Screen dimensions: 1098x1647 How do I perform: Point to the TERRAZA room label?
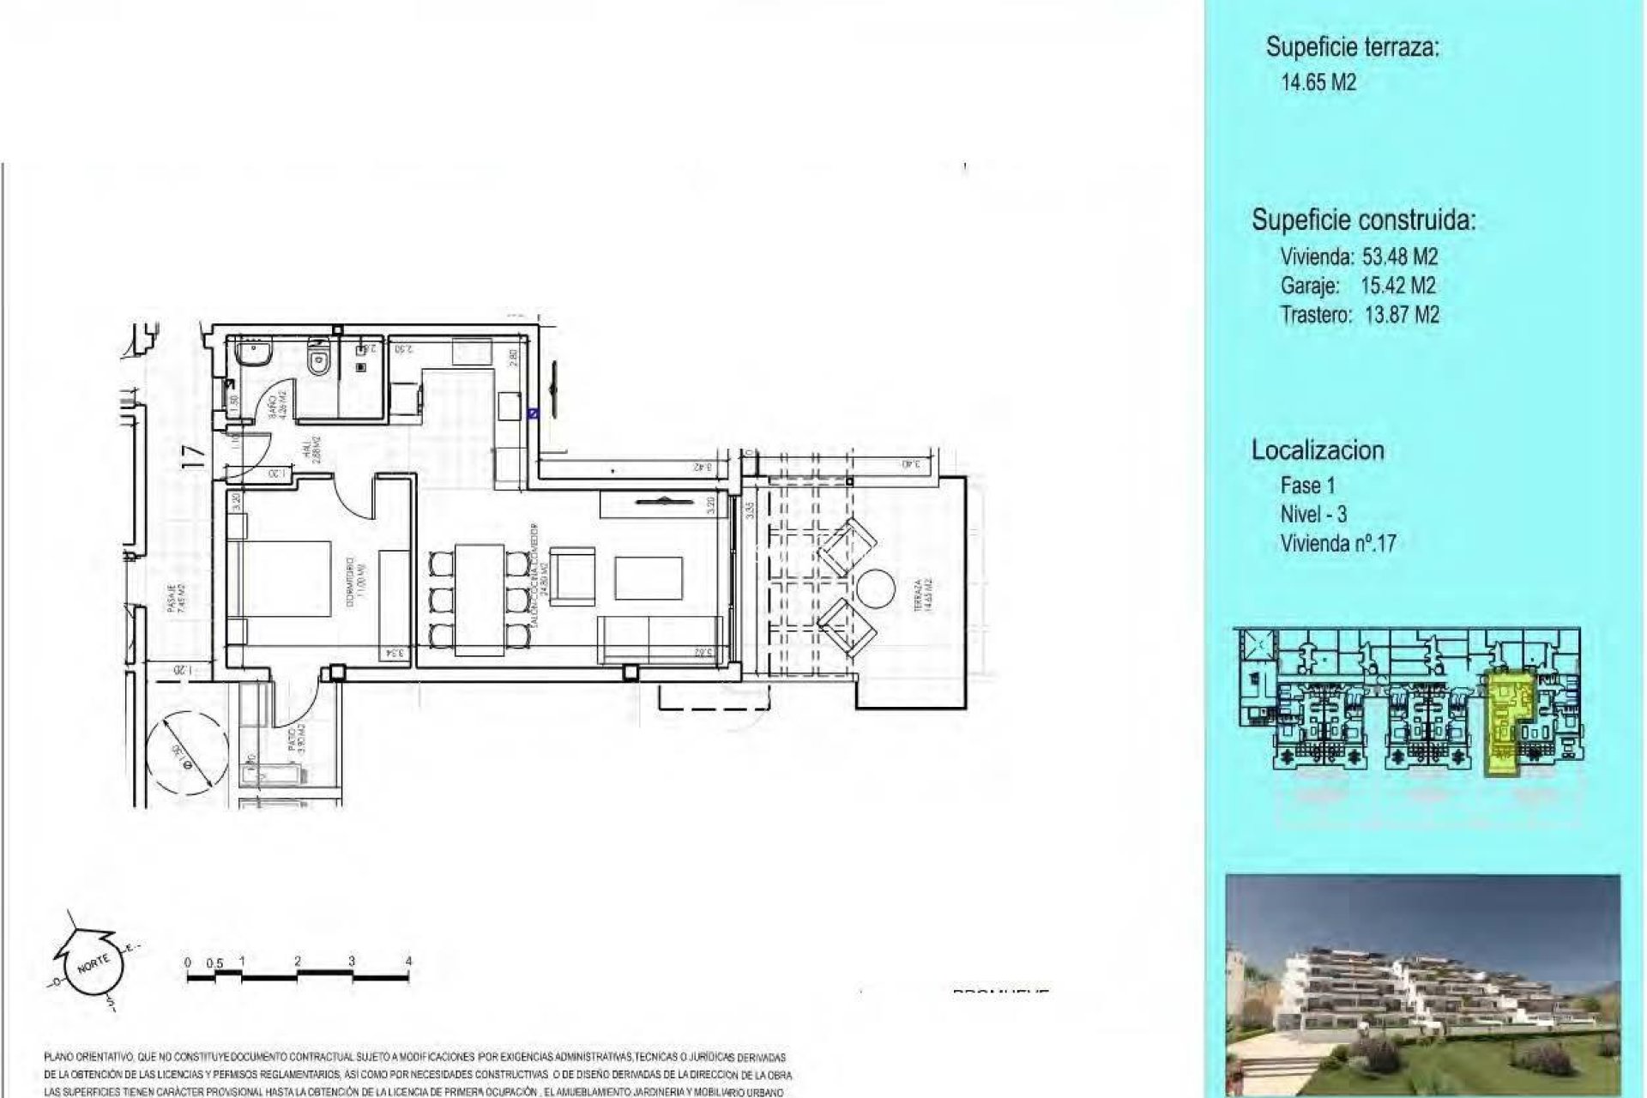point(917,594)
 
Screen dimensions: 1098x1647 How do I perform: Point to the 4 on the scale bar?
point(408,961)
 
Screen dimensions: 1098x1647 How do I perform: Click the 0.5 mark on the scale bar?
point(214,962)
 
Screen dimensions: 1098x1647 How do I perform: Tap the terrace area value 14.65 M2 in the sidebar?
point(1318,83)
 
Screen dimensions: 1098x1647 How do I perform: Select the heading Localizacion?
point(1318,450)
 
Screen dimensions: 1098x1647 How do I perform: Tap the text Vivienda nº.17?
point(1338,543)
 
